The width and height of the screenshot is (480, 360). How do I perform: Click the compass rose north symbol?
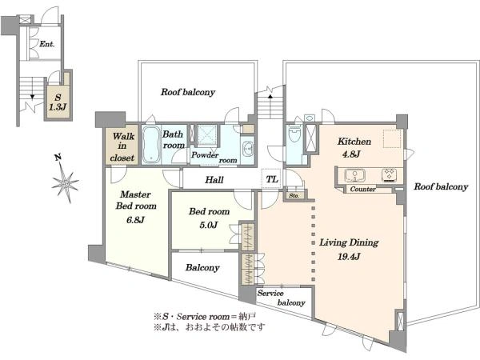point(64,182)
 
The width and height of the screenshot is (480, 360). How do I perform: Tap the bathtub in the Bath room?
point(150,144)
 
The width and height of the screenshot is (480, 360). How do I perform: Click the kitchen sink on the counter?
point(354,176)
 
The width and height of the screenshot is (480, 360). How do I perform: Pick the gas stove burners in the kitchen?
point(390,175)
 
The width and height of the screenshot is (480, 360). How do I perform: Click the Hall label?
point(214,180)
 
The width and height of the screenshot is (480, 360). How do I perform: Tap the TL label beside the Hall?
point(272,179)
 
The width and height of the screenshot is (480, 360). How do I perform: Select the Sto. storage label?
point(294,195)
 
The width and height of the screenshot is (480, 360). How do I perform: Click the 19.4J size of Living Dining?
point(349,256)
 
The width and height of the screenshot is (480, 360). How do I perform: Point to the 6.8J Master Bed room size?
point(135,219)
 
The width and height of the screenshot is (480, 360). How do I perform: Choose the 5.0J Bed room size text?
point(209,225)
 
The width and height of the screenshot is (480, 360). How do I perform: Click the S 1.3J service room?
point(58,102)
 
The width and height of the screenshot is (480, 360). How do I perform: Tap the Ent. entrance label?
point(47,44)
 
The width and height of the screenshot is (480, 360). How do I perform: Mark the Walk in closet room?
point(122,145)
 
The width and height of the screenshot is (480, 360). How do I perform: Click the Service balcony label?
point(281,298)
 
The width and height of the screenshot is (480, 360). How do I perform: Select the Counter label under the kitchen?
point(362,189)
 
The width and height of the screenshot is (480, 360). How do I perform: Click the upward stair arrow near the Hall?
point(270,96)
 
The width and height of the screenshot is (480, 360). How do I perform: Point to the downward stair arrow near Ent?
point(32,97)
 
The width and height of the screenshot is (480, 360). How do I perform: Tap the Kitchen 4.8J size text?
point(351,154)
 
